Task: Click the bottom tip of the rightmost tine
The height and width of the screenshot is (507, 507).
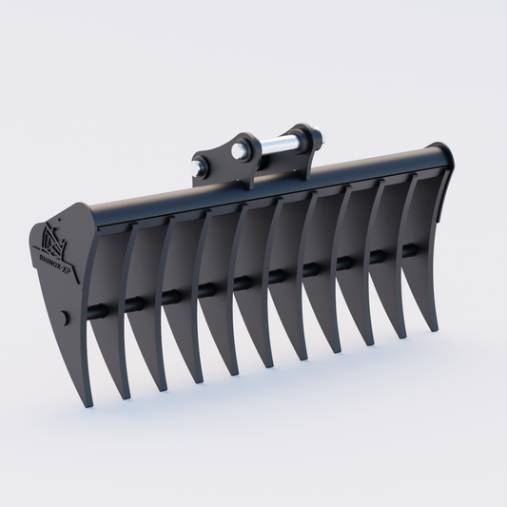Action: (x=436, y=328)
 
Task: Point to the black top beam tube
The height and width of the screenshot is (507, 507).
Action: (x=285, y=185)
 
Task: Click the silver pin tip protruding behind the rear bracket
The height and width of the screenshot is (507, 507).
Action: (x=323, y=138)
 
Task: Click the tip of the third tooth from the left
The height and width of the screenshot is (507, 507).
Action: (x=198, y=381)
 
